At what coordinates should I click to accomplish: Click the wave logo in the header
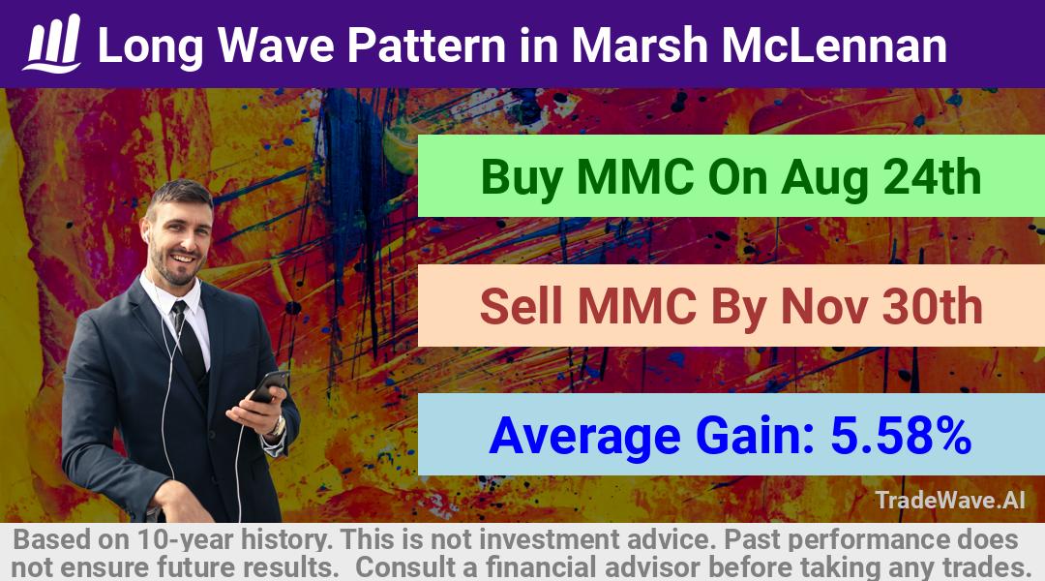click(x=52, y=44)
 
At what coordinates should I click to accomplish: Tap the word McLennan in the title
click(x=834, y=45)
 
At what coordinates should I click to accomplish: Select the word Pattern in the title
click(x=427, y=45)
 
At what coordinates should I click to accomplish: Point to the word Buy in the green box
click(x=522, y=178)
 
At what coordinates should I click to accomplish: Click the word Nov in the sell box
click(x=823, y=306)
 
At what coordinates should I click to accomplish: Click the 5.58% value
click(x=901, y=436)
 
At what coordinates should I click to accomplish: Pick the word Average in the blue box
click(x=584, y=437)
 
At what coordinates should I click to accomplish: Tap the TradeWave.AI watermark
click(x=950, y=500)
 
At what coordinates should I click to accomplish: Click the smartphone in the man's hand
click(x=268, y=386)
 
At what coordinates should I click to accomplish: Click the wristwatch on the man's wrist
click(x=277, y=426)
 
